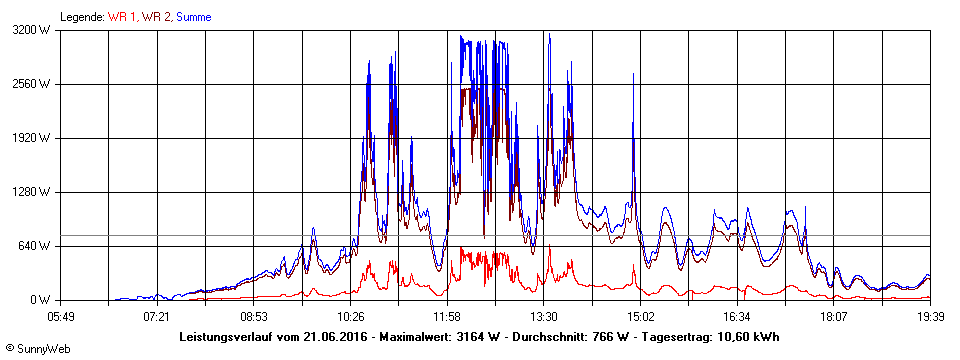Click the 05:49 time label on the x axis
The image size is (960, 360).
60,316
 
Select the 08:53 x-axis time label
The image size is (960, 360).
254,316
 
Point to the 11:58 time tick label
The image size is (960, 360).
447,316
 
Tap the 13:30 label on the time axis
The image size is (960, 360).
543,316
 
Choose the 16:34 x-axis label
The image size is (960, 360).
737,316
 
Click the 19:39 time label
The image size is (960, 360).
930,316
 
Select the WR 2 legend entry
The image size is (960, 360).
156,17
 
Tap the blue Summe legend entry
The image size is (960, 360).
193,17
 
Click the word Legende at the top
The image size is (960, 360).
81,17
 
